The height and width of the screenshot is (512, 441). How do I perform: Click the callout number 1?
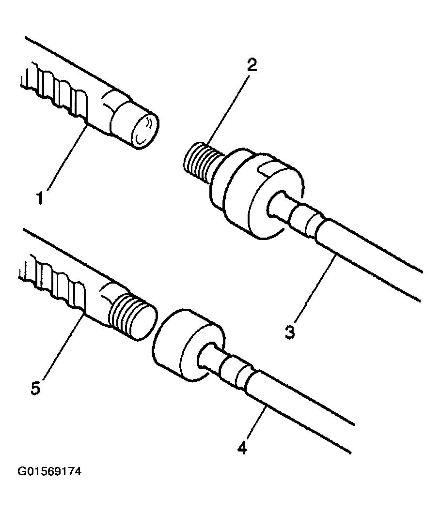point(40,198)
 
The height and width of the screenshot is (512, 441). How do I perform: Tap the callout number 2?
point(252,65)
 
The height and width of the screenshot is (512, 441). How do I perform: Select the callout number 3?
point(290,332)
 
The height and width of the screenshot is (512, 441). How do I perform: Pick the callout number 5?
point(35,388)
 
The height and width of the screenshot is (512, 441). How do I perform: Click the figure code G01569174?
point(49,471)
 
